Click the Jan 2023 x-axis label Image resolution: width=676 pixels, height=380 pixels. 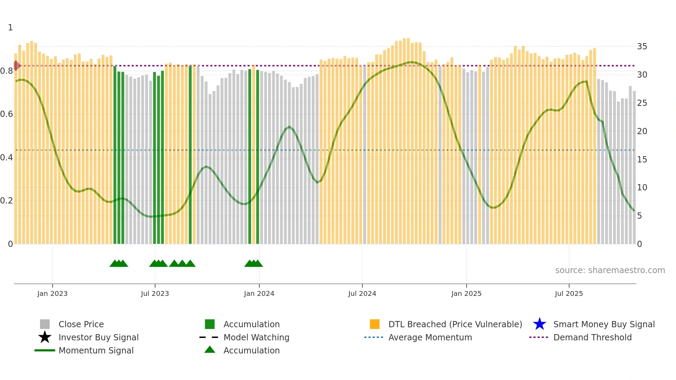(52, 293)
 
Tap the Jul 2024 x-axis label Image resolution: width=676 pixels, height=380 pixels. (362, 293)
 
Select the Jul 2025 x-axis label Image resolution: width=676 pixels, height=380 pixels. (569, 293)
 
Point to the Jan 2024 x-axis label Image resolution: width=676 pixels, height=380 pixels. (259, 293)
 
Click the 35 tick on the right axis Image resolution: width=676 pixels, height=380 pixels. (642, 47)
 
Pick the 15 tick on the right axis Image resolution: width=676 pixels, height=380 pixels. (642, 159)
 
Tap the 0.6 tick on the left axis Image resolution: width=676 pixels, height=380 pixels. (7, 114)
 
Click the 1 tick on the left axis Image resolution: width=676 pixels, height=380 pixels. (10, 28)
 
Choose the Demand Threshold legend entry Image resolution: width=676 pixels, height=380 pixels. (592, 337)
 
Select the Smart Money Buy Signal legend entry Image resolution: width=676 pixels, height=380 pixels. (604, 324)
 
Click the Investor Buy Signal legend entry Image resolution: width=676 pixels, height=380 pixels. (98, 337)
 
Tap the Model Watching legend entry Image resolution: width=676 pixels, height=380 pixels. (256, 337)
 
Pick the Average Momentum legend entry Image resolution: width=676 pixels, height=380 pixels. (430, 337)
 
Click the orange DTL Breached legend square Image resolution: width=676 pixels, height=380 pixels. (375, 324)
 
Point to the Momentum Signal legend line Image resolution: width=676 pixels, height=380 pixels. (45, 350)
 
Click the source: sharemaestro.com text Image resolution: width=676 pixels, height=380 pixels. (610, 270)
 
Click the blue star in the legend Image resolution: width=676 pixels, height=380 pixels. (539, 324)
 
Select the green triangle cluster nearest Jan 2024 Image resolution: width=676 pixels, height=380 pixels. (254, 264)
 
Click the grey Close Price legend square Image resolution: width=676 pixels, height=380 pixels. (45, 324)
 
